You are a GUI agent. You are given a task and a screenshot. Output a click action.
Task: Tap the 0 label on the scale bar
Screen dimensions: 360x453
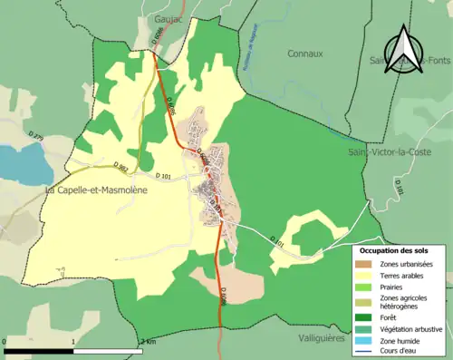[5, 341]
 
